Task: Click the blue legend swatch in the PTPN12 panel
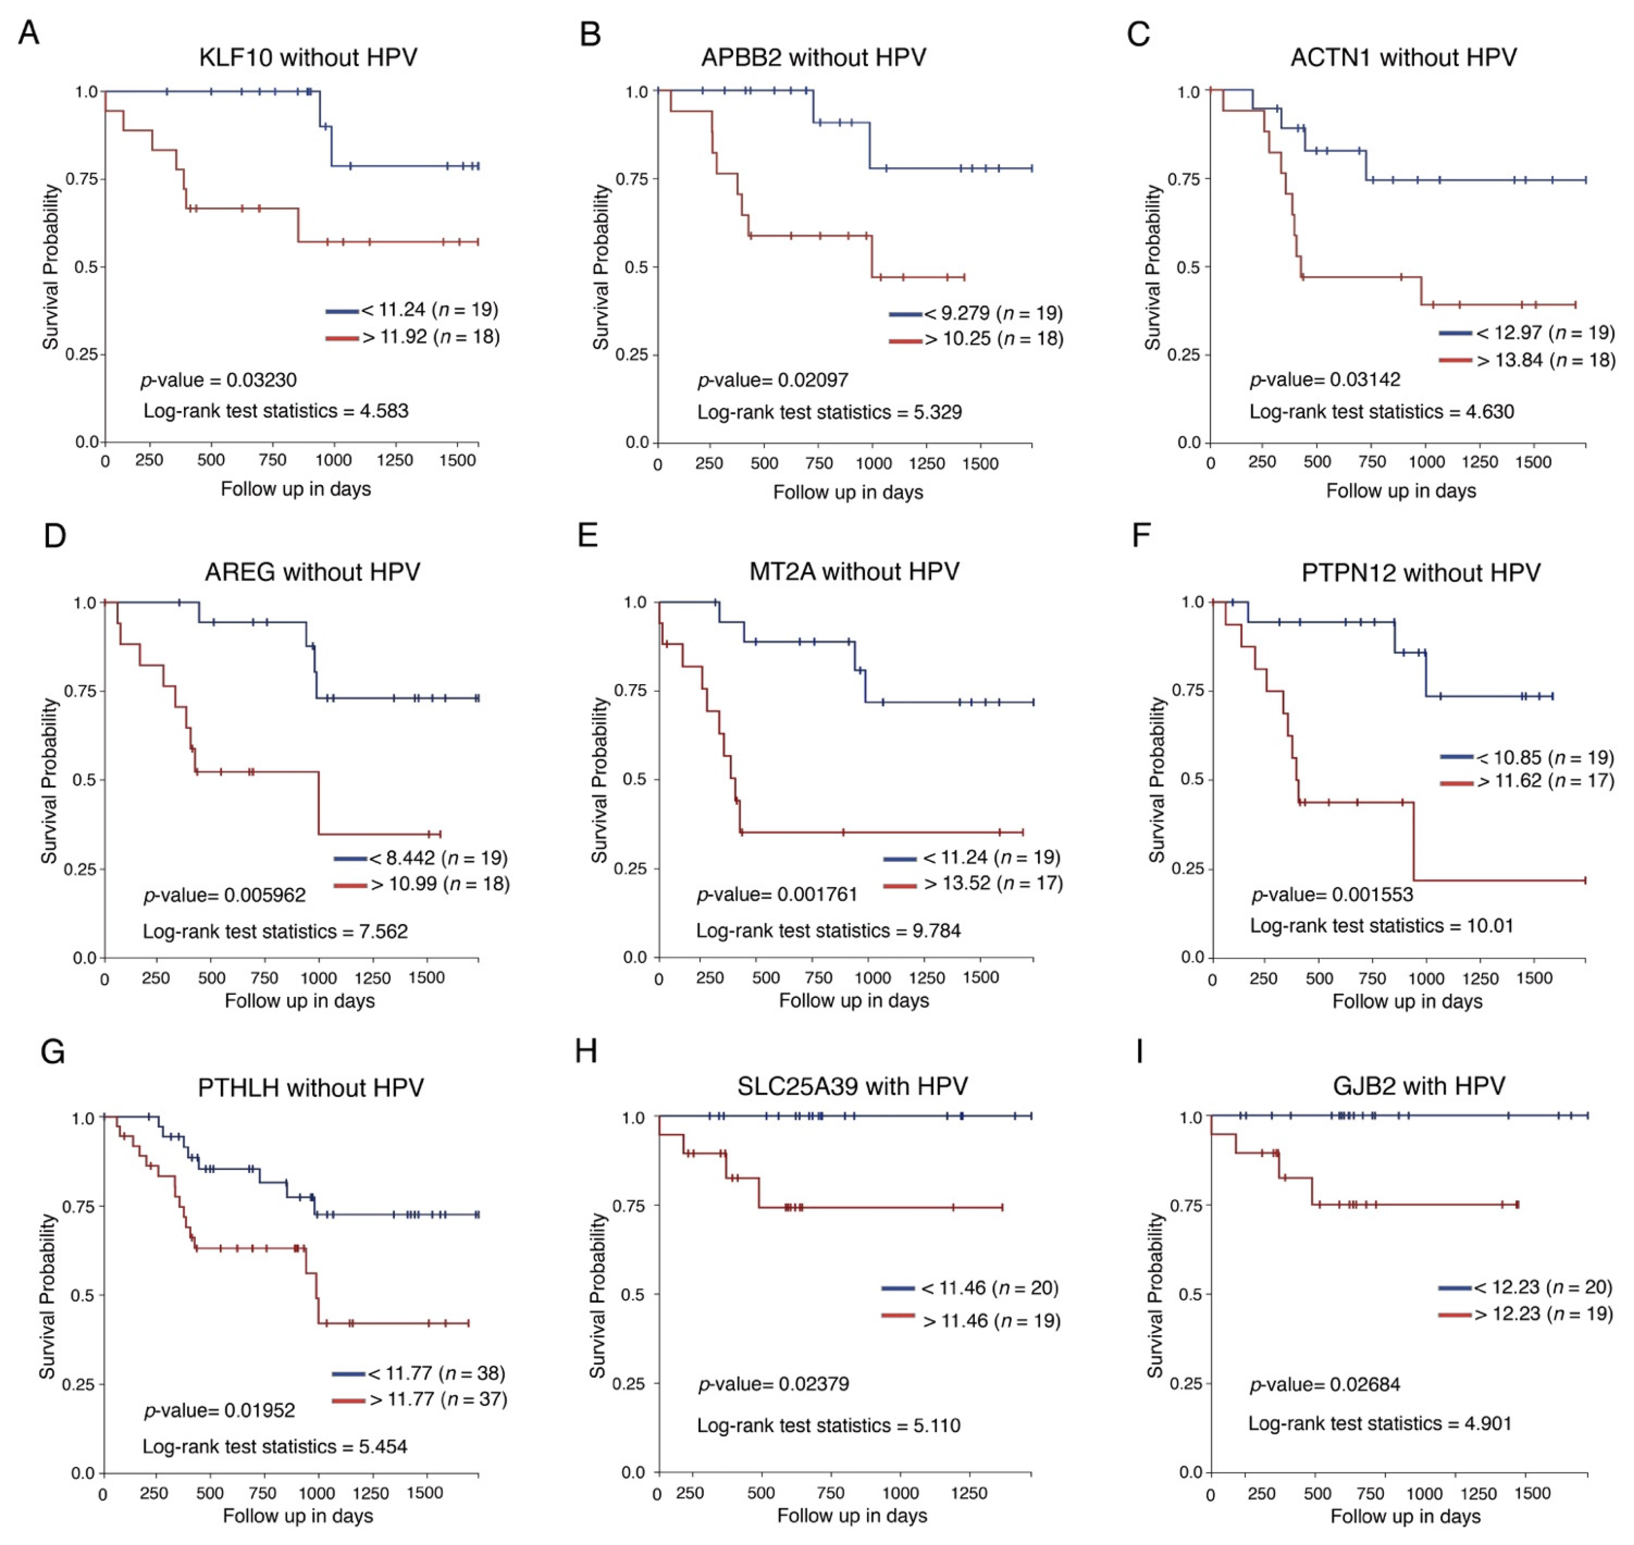pyautogui.click(x=1456, y=756)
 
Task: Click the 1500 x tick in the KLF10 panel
pyautogui.click(x=458, y=460)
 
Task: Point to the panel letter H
pyautogui.click(x=586, y=1052)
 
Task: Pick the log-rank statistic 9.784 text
pyautogui.click(x=828, y=931)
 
